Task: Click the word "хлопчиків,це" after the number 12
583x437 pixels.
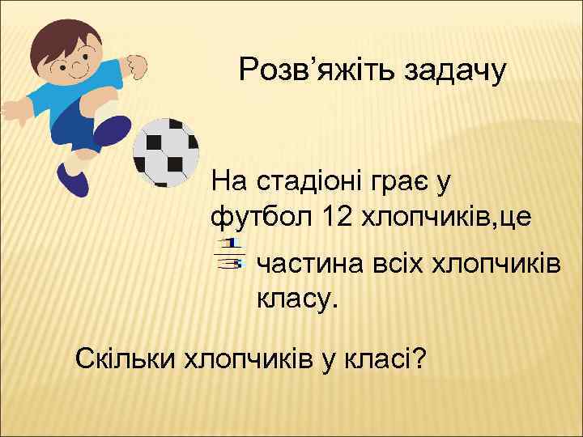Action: click(x=453, y=216)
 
